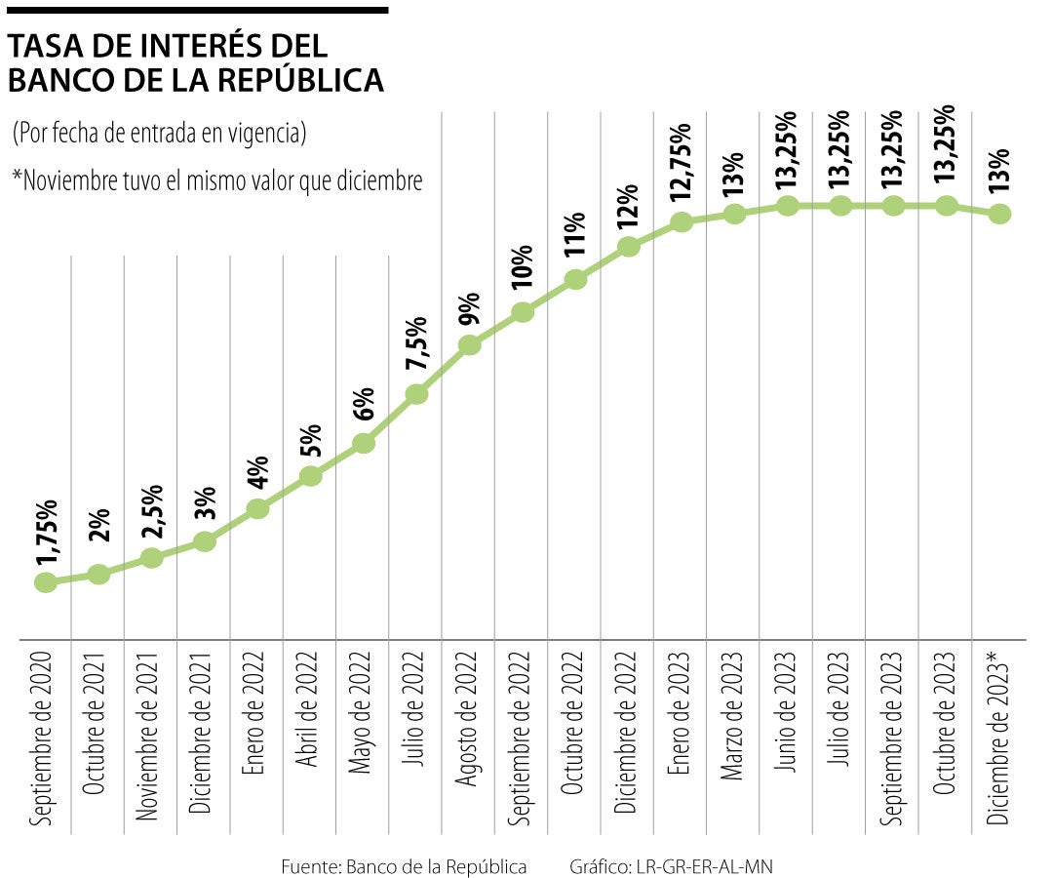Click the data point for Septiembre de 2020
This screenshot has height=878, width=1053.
(45, 582)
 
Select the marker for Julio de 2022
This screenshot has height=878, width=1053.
(416, 394)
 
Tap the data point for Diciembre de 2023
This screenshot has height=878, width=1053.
(999, 214)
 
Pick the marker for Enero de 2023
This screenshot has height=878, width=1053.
(682, 222)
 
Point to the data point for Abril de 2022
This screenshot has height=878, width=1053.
(311, 476)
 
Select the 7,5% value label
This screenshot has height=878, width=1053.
(417, 344)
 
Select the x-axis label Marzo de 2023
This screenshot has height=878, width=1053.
(733, 720)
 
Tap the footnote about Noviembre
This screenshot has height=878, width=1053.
(216, 180)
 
